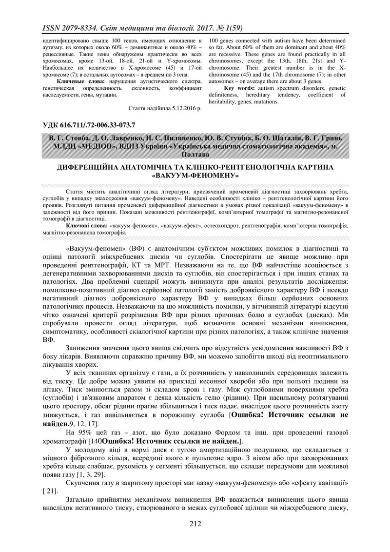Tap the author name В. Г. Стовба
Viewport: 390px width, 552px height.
click(x=66, y=139)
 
